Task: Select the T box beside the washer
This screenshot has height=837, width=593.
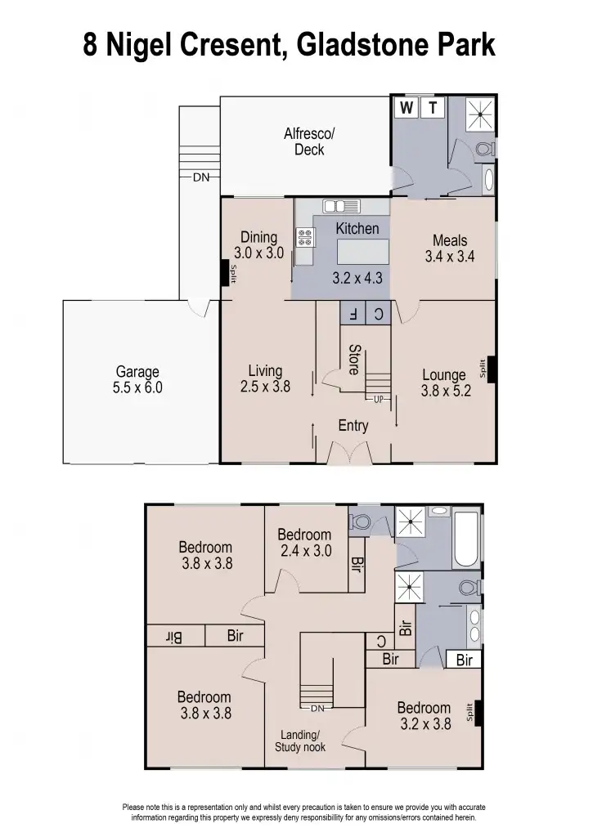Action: (434, 107)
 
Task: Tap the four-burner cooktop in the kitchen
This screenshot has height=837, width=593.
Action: (307, 237)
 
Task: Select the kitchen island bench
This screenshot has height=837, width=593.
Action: (357, 249)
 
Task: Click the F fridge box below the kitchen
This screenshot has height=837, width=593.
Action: (353, 313)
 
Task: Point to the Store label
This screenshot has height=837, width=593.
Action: (353, 359)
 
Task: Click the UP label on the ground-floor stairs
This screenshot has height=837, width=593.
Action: (377, 399)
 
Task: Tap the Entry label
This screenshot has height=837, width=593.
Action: (353, 426)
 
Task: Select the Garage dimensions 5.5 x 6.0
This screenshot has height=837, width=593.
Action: (137, 387)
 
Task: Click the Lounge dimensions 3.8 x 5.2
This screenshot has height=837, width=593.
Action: (446, 392)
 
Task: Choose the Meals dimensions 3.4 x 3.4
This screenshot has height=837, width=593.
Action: (449, 256)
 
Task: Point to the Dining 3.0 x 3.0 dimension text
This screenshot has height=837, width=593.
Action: (258, 253)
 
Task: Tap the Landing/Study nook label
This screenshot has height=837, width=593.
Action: (298, 741)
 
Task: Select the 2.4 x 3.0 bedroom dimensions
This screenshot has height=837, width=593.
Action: (304, 551)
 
